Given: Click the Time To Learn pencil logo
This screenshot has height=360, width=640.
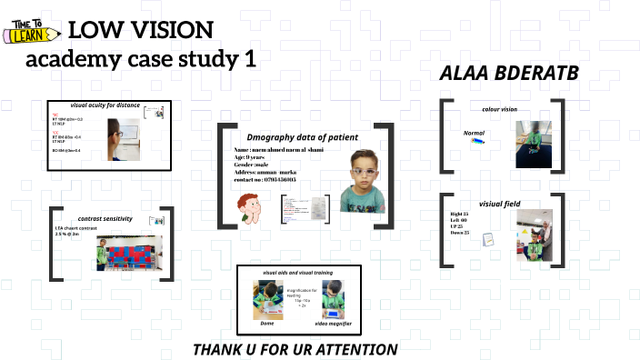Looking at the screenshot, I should (33, 30).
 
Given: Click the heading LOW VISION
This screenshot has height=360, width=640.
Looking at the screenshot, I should (141, 30).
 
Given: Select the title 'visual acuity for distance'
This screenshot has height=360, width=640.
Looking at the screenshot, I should (105, 105).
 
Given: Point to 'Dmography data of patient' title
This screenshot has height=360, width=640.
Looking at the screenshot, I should (303, 136).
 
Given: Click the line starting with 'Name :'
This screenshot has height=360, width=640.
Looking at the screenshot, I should (280, 149).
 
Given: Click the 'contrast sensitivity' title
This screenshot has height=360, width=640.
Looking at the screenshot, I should (105, 218).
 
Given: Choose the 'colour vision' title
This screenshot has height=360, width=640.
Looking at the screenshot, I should (499, 109).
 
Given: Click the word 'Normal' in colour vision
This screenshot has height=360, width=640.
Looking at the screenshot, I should (474, 133).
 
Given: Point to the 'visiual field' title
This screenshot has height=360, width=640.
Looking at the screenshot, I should (499, 205).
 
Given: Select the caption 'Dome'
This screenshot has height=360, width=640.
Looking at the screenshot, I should (266, 323).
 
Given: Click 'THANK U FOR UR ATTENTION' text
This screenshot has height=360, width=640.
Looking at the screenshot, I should (295, 349).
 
